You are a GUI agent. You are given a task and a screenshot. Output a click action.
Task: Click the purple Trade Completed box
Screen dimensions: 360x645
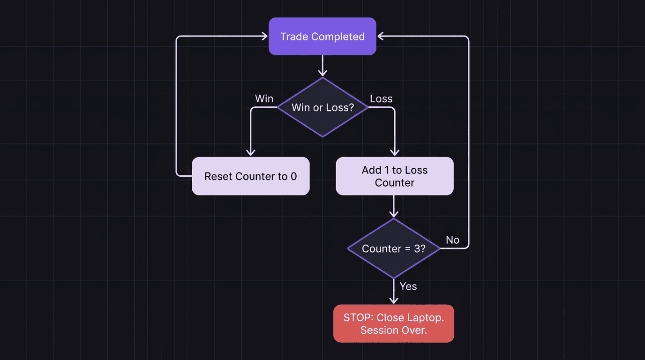[x=322, y=37]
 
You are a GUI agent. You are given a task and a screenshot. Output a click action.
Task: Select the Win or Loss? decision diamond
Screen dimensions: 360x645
[x=322, y=107]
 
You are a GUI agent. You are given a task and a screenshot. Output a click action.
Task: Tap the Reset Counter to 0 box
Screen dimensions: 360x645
[x=250, y=176]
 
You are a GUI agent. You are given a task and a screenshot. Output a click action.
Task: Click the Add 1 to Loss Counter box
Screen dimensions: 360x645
[x=394, y=176]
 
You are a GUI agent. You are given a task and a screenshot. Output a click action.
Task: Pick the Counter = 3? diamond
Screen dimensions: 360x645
[x=393, y=248]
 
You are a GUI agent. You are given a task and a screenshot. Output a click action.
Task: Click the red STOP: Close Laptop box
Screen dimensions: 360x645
[x=393, y=323]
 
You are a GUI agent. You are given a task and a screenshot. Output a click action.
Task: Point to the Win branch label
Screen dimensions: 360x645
[x=264, y=99]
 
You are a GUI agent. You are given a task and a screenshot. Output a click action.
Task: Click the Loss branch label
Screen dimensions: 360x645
[x=381, y=99]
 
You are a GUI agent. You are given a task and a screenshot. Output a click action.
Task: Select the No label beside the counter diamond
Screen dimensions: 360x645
[x=452, y=240]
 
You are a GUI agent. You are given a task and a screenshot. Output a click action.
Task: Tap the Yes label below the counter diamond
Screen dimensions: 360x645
[x=408, y=286]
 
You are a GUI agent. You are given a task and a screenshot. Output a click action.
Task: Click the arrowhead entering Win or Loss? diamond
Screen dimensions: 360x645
[x=322, y=73]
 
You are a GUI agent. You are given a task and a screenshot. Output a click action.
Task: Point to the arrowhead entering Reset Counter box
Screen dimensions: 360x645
[x=251, y=152]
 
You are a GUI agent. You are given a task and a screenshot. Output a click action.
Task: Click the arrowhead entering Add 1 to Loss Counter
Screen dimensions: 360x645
[x=395, y=152]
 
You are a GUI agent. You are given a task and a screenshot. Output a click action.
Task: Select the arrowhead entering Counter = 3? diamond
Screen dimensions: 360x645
[x=394, y=214]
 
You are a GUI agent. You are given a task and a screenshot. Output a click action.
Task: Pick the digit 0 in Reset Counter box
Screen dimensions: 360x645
[x=293, y=176]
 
